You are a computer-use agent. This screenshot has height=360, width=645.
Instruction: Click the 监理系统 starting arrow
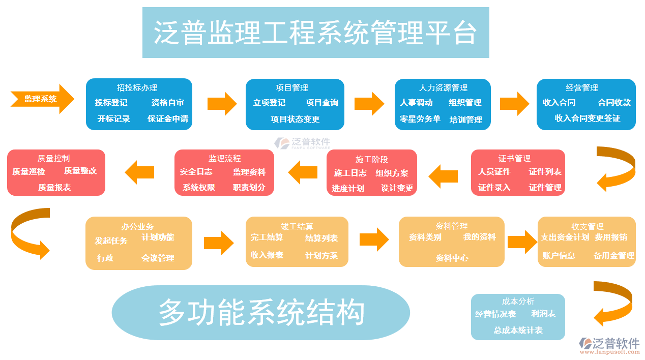[41, 99]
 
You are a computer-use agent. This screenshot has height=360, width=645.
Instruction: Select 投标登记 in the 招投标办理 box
[111, 102]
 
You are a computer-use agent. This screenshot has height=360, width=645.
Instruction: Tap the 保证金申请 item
[168, 118]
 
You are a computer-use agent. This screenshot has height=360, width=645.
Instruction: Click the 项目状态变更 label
[295, 119]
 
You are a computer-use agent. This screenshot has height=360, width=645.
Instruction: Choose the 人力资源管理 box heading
[443, 87]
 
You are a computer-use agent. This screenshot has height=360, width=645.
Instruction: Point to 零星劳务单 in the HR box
[420, 118]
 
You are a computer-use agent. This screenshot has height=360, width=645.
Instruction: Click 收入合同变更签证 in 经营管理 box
[587, 118]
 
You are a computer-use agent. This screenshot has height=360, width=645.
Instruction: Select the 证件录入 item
[494, 187]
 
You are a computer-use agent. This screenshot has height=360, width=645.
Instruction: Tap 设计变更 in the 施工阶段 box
[397, 188]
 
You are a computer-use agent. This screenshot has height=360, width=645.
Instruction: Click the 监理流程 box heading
[224, 158]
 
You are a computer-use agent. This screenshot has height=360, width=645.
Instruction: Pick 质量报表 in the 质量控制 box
[54, 187]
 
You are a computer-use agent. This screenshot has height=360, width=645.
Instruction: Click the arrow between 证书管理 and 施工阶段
[443, 176]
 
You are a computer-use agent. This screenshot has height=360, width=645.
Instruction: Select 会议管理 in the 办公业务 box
[158, 258]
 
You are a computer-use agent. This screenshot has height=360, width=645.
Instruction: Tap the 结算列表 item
[321, 238]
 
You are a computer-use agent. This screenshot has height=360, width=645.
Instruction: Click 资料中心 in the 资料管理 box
[452, 258]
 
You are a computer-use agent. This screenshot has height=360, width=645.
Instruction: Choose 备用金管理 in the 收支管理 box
[613, 255]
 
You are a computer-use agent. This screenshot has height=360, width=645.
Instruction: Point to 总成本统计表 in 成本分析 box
[518, 330]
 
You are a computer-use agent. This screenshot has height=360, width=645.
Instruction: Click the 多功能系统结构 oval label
[261, 312]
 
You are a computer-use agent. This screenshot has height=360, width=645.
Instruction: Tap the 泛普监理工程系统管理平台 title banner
[315, 33]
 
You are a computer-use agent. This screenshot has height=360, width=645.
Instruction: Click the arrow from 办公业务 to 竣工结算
[218, 243]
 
